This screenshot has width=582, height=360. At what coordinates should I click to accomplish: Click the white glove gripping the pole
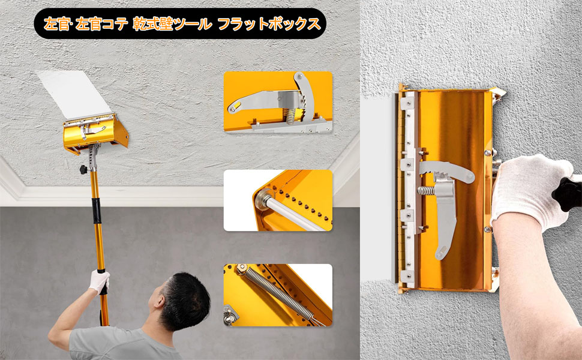[100, 280]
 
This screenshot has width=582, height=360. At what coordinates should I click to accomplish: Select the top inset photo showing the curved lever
[278, 103]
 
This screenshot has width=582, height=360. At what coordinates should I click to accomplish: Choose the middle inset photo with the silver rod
[278, 200]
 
